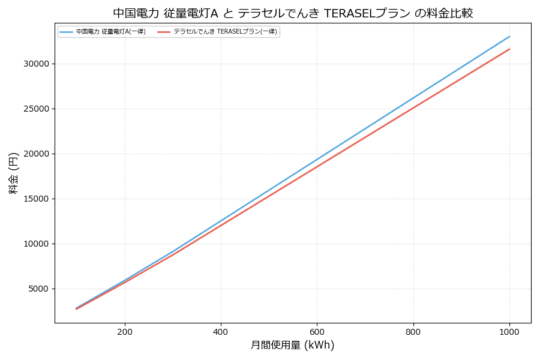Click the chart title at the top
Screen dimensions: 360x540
point(293,13)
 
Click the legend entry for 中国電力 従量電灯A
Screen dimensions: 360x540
point(111,32)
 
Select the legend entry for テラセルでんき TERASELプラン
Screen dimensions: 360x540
point(226,32)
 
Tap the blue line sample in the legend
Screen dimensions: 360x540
point(66,32)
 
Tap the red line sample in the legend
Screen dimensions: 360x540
point(164,32)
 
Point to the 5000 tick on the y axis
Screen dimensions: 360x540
point(38,289)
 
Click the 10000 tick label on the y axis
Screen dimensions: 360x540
point(35,244)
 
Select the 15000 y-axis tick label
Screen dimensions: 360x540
point(35,199)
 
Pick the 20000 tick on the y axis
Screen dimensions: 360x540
point(35,154)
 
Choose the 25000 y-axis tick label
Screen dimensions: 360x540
point(35,109)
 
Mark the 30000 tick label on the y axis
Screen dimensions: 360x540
point(35,64)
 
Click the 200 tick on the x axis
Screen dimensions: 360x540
point(125,332)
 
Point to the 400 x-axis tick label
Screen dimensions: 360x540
point(221,332)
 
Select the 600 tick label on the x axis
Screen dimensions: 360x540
point(317,332)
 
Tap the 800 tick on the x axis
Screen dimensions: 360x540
point(413,332)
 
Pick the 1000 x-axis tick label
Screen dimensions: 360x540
point(509,332)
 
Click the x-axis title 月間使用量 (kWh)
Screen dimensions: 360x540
point(292,346)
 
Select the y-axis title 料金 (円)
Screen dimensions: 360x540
point(13,173)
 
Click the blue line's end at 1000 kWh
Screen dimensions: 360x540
point(509,36)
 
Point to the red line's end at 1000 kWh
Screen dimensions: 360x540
point(509,49)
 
